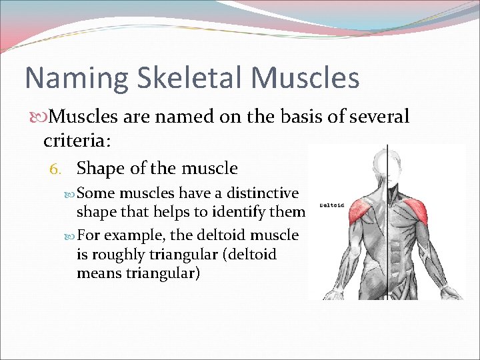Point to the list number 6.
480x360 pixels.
[x=57, y=169]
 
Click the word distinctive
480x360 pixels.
[x=263, y=193]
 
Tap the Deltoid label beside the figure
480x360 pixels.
[x=331, y=205]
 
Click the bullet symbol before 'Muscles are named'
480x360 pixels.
[x=37, y=117]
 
